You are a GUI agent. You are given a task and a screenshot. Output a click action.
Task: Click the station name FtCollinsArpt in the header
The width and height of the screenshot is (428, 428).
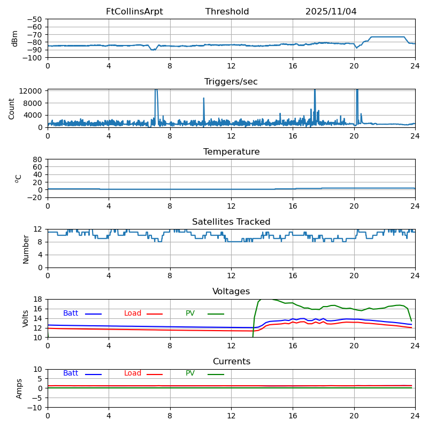coord(134,12)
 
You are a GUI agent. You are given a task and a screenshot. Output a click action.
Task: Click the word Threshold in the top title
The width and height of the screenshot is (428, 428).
coord(227,12)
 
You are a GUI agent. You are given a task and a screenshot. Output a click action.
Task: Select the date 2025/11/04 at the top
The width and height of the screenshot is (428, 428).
coord(331,12)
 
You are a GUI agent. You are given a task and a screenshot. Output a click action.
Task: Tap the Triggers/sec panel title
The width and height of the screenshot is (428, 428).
coord(231,82)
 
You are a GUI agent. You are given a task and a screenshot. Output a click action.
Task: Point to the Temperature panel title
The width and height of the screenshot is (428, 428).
coord(231,152)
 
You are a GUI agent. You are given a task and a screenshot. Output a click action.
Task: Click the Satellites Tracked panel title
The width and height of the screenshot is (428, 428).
coord(231,222)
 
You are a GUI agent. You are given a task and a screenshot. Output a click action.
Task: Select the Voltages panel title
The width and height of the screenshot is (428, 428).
coord(231,292)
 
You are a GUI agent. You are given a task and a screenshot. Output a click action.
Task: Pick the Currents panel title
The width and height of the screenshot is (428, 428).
coord(231,362)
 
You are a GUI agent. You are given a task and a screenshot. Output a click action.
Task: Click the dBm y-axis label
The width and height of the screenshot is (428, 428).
coord(15,38)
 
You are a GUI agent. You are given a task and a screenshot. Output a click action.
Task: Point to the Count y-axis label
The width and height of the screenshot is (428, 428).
coord(12,108)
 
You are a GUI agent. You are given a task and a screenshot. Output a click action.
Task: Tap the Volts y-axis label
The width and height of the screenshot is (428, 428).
coord(26,318)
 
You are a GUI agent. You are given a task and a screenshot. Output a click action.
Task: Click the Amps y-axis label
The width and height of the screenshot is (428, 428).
coord(19,388)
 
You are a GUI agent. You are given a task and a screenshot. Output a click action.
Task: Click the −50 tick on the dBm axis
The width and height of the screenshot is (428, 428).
coord(35,19)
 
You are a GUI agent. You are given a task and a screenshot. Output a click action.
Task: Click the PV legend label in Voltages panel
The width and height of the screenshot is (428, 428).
coord(190,314)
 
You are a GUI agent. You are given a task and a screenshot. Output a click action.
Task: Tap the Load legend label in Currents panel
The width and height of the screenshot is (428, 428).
coord(133,373)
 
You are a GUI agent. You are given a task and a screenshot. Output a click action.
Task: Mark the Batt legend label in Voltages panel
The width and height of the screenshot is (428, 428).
coord(71,314)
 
